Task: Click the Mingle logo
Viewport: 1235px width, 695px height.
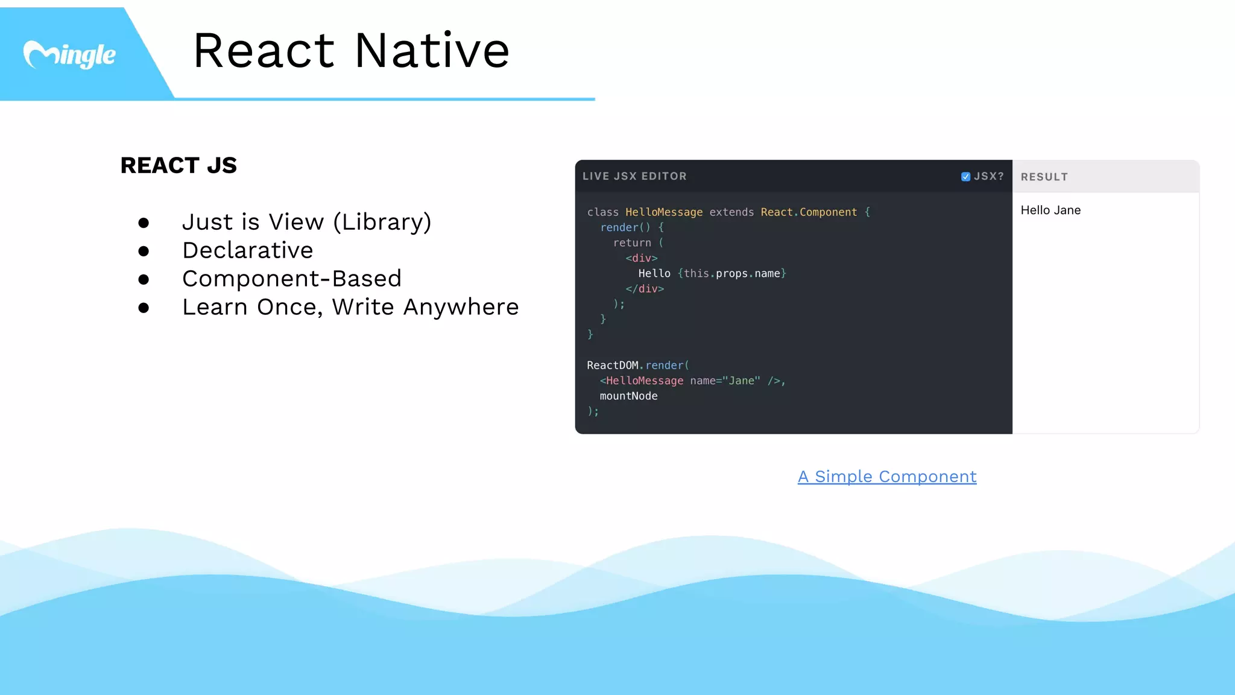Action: [x=69, y=55]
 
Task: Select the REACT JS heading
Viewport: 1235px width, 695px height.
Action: [x=178, y=165]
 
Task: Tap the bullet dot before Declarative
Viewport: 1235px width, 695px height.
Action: [x=144, y=251]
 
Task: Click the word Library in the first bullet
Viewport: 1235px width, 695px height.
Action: [x=382, y=222]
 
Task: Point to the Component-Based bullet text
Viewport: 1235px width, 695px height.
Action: [x=291, y=279]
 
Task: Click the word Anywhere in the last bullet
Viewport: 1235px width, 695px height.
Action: [x=461, y=307]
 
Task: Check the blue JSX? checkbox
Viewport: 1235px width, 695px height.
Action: [x=965, y=177]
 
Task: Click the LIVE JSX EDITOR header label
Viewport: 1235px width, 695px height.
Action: [x=634, y=176]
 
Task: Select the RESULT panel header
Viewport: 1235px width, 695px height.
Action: [x=1044, y=177]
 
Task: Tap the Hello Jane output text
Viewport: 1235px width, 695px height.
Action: [x=1050, y=210]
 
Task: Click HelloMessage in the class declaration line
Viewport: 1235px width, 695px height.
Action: [x=664, y=212]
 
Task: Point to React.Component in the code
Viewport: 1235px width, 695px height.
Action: [x=809, y=212]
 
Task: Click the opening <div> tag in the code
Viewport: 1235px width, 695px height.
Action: [x=642, y=258]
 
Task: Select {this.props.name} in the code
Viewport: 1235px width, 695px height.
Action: [x=732, y=273]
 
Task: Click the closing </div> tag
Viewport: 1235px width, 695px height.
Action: [x=645, y=289]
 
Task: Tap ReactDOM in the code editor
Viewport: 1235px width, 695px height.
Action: [x=612, y=366]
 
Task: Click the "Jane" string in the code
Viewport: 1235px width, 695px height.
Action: [x=741, y=381]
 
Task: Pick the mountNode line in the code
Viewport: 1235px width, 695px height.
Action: [x=628, y=396]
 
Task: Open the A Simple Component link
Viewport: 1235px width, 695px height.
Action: [x=887, y=477]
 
